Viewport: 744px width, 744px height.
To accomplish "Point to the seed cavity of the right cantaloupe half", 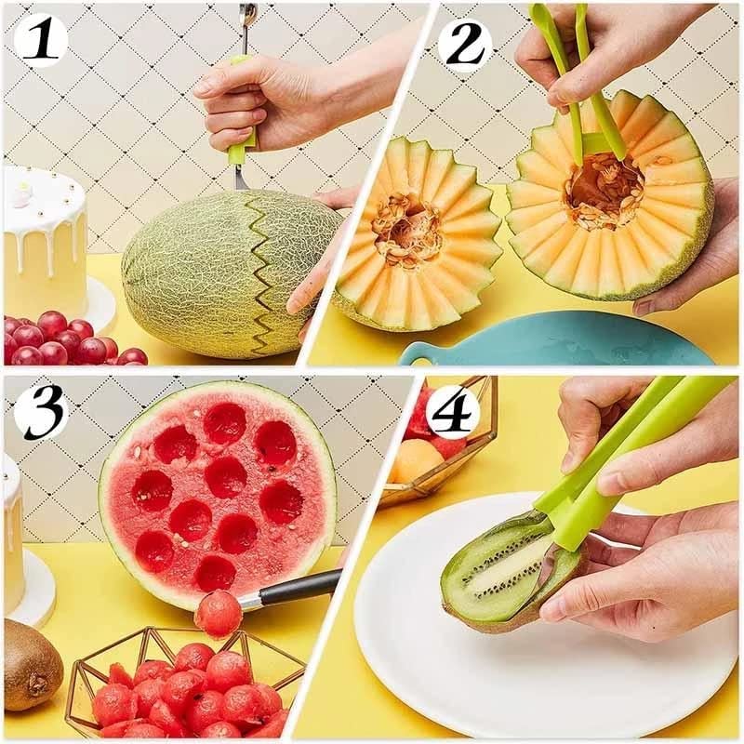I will [604, 191].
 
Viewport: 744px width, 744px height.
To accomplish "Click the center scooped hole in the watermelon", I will [226, 476].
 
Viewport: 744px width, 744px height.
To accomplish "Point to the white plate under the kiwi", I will [521, 670].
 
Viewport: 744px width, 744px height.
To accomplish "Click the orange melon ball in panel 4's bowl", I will [415, 459].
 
